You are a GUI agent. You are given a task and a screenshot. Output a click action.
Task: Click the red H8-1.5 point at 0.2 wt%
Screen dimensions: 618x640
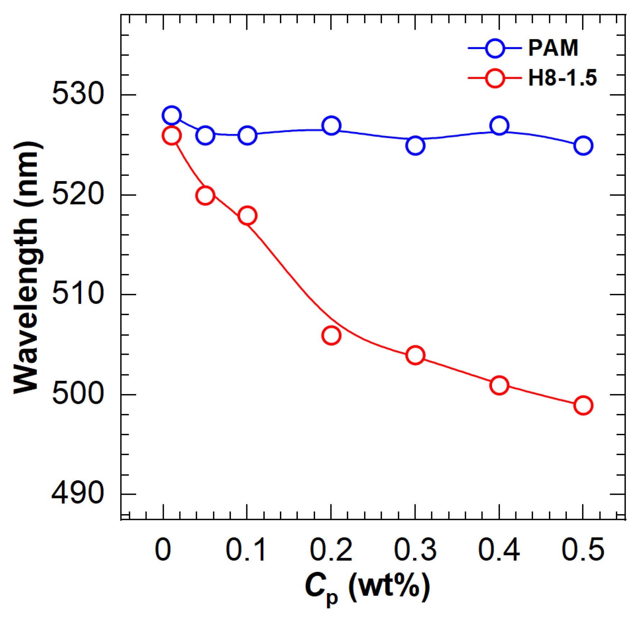point(331,336)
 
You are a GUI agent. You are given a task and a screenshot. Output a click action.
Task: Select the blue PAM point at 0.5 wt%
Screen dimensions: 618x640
point(583,146)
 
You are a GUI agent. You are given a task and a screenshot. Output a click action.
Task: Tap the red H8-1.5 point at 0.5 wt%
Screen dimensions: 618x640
point(583,405)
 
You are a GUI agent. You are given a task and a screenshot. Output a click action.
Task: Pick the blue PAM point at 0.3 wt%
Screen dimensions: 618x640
point(415,146)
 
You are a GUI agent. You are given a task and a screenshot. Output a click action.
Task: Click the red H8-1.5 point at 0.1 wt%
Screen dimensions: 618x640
point(247,216)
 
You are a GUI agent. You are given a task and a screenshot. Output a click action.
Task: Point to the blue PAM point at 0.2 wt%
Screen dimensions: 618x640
point(331,125)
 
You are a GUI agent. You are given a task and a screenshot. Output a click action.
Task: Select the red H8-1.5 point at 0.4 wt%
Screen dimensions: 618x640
point(499,385)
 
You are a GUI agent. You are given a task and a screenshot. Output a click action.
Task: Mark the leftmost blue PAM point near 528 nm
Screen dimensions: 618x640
point(171,115)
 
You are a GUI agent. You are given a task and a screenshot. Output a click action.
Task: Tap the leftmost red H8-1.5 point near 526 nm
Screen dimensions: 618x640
point(171,136)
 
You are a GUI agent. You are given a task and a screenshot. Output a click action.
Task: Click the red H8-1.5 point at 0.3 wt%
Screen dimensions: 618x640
point(415,356)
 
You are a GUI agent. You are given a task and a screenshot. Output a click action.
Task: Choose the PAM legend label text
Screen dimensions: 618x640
point(553,48)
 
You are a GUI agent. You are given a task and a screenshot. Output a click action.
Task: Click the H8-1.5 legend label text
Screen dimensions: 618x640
point(562,78)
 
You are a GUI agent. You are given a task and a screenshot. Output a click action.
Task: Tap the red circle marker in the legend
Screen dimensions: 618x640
point(495,78)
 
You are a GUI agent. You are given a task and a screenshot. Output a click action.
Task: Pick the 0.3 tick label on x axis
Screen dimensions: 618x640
point(415,550)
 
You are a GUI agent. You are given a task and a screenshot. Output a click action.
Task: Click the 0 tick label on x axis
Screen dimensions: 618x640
point(163,550)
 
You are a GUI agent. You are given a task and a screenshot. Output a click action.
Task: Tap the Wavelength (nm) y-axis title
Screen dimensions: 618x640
point(26,267)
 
